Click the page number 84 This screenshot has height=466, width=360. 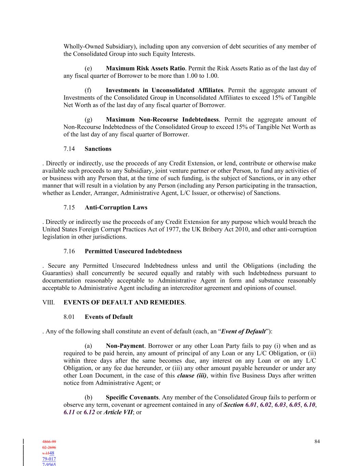tap(317, 441)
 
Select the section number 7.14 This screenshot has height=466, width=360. tap(69, 149)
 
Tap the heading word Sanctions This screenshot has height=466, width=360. tap(98, 149)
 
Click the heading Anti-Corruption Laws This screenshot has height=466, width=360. tap(116, 208)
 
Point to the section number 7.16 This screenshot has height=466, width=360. tap(69, 251)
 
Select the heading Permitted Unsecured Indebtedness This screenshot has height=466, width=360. tap(133, 251)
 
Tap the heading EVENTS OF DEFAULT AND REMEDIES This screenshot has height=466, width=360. tap(124, 302)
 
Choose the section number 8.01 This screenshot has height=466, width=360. tap(69, 317)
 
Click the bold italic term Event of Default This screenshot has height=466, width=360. tap(243, 331)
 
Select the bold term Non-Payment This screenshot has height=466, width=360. tap(125, 346)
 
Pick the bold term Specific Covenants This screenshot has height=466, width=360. tap(132, 397)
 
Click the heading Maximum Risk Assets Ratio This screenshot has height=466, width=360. tap(145, 68)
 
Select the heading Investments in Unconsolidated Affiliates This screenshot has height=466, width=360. tap(164, 90)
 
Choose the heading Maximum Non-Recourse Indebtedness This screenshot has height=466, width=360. tap(162, 119)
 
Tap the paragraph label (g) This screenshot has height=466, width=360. tap(88, 119)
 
